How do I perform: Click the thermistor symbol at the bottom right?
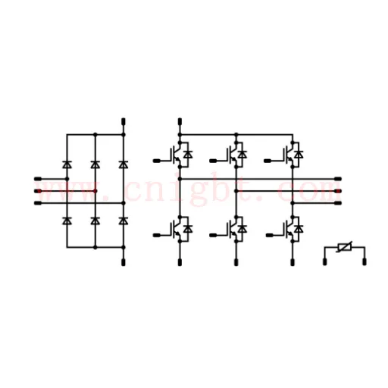coord(345,247)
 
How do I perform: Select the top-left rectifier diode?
coord(67,164)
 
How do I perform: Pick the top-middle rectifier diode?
coord(95,164)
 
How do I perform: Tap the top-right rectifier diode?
coord(124,164)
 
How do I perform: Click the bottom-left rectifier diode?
coord(67,221)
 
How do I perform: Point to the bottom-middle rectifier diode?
coord(95,221)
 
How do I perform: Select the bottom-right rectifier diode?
coord(124,221)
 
